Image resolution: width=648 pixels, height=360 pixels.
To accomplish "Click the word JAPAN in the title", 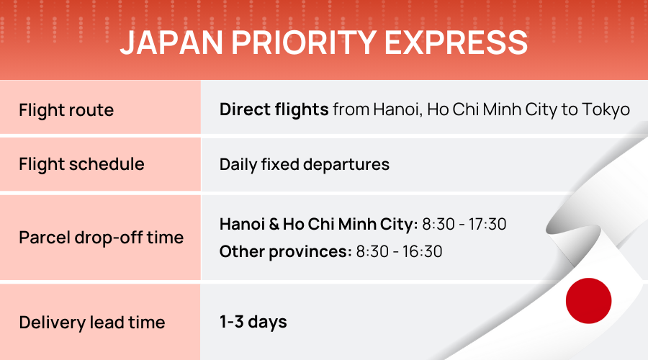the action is (171, 42).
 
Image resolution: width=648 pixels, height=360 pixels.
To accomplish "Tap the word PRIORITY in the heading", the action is (304, 42).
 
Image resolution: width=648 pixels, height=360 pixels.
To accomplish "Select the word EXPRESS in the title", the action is (456, 42).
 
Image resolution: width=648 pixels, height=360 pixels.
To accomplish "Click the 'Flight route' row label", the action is (66, 110).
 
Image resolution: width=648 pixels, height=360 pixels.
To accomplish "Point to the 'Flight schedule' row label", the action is (81, 164).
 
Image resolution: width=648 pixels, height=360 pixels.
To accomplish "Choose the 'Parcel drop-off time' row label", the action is (102, 238).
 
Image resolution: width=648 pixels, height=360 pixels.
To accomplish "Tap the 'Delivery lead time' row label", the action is (91, 323).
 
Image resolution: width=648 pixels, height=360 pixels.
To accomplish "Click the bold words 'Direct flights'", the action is (274, 110).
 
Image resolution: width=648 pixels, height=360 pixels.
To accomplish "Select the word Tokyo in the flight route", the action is (606, 110).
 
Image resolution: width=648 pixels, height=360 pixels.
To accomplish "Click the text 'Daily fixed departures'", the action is (304, 165).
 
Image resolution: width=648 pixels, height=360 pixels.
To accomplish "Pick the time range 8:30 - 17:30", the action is (464, 225).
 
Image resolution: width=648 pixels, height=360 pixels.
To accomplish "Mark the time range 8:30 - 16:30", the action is (399, 252).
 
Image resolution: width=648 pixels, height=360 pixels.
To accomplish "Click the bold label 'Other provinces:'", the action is (286, 252).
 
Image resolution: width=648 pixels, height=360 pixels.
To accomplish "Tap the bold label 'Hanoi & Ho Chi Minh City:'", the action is (319, 225).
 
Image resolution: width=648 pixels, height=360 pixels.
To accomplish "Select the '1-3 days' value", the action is (253, 323).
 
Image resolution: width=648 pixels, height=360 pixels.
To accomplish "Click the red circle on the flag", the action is (588, 300).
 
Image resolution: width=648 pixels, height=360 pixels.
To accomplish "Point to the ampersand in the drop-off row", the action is (274, 225).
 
